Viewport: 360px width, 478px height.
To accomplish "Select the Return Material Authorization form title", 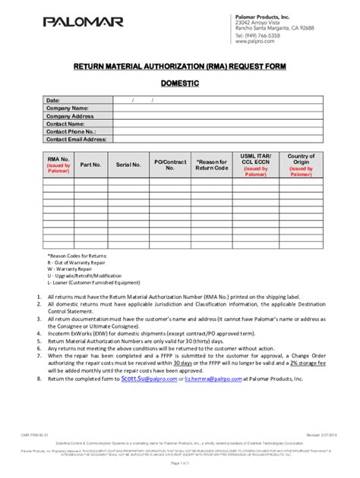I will pos(179,67).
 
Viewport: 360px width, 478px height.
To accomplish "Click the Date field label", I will pos(53,100).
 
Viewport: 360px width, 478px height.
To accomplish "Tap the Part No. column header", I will pos(90,163).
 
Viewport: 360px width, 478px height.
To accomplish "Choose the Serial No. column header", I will pos(128,163).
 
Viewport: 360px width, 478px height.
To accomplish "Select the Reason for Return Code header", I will pos(211,163).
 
